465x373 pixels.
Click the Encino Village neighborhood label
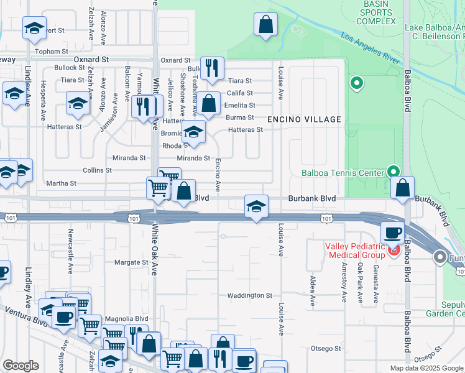pos(305,119)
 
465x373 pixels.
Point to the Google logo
pos(21,366)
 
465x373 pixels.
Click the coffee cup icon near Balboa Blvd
pos(392,233)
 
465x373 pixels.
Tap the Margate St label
pos(131,262)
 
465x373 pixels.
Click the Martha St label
pos(61,183)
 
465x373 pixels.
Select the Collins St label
pos(97,170)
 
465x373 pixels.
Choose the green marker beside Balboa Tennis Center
pos(392,171)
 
